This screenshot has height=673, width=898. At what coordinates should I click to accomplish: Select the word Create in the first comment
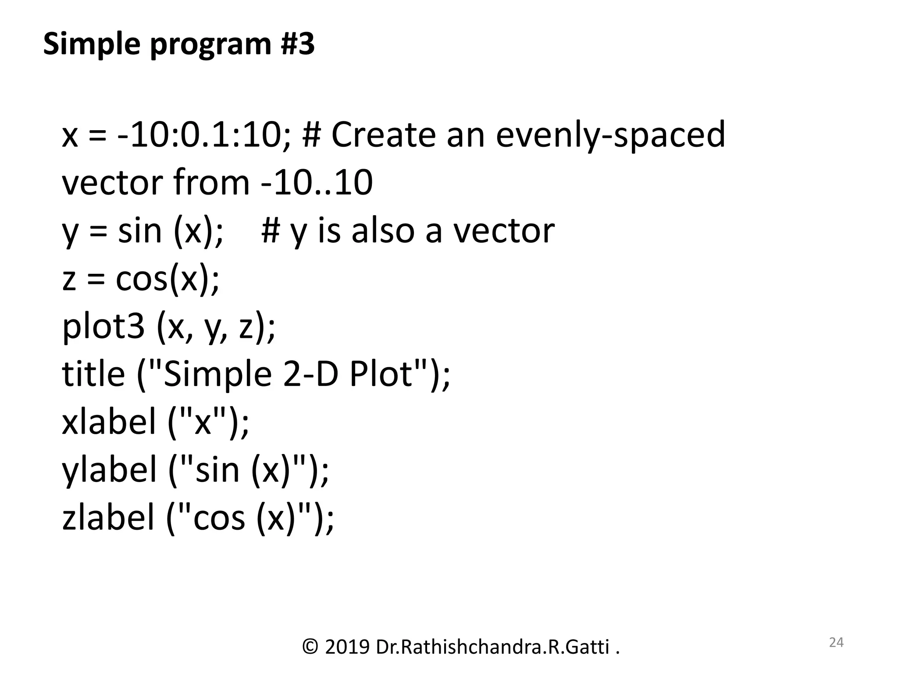click(x=383, y=135)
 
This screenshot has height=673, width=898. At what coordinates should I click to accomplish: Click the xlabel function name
click(x=110, y=422)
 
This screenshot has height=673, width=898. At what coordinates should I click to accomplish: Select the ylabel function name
click(x=110, y=470)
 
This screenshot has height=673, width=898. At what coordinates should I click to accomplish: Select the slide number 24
click(x=836, y=642)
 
